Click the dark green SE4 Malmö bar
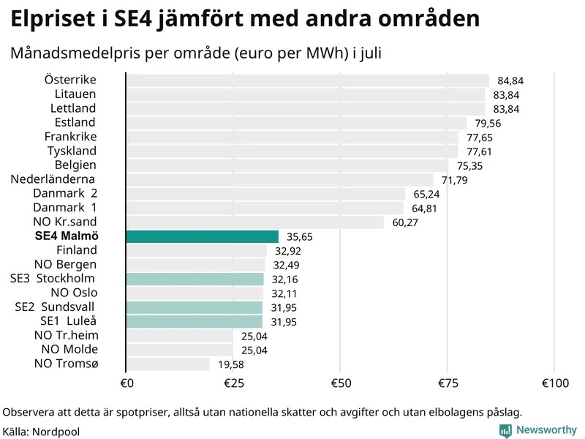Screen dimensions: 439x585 (202, 236)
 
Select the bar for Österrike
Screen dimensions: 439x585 (307, 80)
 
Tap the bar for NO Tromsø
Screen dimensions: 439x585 (167, 364)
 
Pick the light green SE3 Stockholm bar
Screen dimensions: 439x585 (195, 279)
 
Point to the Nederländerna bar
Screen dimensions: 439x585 (279, 180)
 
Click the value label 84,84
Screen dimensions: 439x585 (510, 81)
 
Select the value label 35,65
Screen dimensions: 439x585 (300, 237)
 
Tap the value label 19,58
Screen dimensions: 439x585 (231, 364)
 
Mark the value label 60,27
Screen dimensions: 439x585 (405, 222)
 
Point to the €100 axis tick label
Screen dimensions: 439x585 (554, 383)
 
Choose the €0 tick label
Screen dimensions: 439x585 (126, 383)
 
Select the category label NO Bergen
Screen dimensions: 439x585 (65, 264)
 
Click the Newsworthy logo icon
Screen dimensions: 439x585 (505, 431)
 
